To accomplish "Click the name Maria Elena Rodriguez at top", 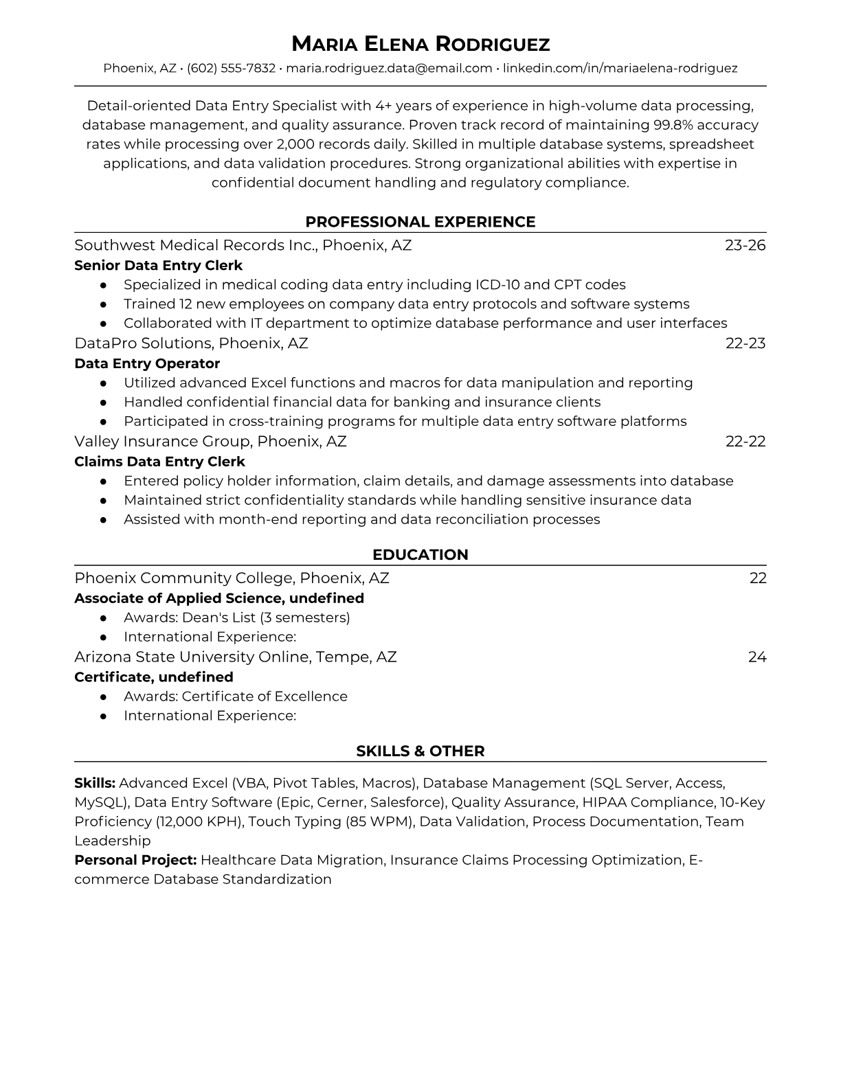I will pyautogui.click(x=420, y=44).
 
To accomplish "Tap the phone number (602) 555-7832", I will pyautogui.click(x=231, y=68).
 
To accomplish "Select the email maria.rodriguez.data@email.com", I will pyautogui.click(x=389, y=68).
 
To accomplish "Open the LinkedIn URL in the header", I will pyautogui.click(x=620, y=68).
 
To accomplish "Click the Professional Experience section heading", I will pyautogui.click(x=420, y=222).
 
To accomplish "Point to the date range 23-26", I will pyautogui.click(x=745, y=245).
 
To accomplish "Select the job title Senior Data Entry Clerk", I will pyautogui.click(x=158, y=265).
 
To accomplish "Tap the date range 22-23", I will pyautogui.click(x=745, y=343).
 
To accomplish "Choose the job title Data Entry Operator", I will pyautogui.click(x=147, y=363).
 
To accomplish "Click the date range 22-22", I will pyautogui.click(x=745, y=441).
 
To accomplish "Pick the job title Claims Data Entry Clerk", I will pyautogui.click(x=159, y=462).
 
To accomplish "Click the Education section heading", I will pyautogui.click(x=420, y=555).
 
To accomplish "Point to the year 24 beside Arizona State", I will pyautogui.click(x=757, y=657).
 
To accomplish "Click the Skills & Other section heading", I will pyautogui.click(x=420, y=751).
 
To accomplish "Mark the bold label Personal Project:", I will pyautogui.click(x=135, y=860).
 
